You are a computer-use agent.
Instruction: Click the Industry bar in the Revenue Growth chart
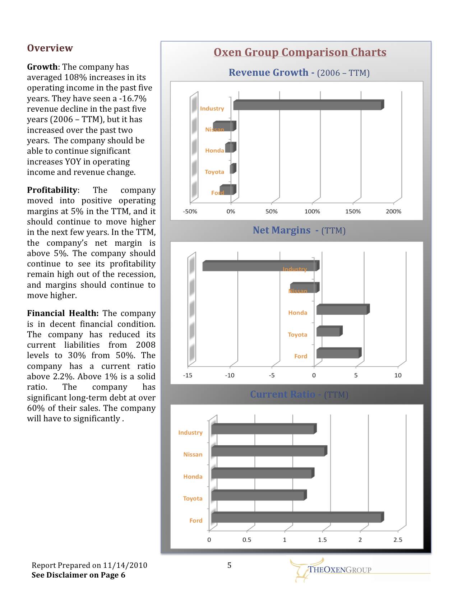(x=307, y=105)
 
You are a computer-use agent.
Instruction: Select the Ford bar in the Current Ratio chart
(x=296, y=518)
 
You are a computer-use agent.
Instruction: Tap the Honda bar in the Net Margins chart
(x=342, y=310)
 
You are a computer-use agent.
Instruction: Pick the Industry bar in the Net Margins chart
(x=259, y=266)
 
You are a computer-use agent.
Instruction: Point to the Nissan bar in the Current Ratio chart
(x=268, y=451)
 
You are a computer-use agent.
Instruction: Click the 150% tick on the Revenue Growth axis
(x=353, y=212)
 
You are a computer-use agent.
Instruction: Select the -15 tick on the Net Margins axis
(x=188, y=375)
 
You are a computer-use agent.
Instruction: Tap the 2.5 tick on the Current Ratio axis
(x=398, y=540)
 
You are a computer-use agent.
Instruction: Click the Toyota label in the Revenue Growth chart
(x=214, y=172)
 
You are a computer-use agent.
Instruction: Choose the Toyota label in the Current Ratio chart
(x=193, y=499)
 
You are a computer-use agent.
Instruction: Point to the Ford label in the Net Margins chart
(x=301, y=356)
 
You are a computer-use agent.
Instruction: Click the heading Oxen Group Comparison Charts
(x=300, y=52)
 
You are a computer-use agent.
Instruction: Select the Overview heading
(x=50, y=48)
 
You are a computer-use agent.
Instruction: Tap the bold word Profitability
(x=52, y=190)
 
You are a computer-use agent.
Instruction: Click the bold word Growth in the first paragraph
(x=42, y=67)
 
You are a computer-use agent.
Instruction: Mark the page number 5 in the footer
(x=229, y=565)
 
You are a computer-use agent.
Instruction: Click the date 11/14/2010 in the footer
(x=125, y=565)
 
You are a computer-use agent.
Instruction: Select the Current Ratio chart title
(x=283, y=394)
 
